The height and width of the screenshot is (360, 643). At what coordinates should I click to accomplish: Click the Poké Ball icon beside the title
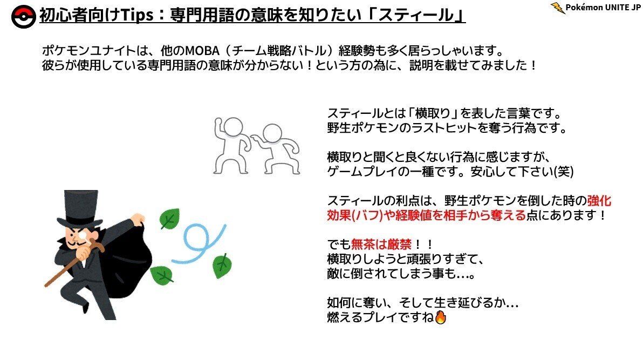click(x=23, y=16)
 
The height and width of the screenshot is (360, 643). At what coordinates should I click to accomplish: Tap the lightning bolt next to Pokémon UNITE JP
click(x=558, y=8)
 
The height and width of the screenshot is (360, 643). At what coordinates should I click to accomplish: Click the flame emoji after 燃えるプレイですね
click(x=440, y=317)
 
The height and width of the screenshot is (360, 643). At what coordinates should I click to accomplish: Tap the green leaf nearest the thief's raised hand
click(x=170, y=219)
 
